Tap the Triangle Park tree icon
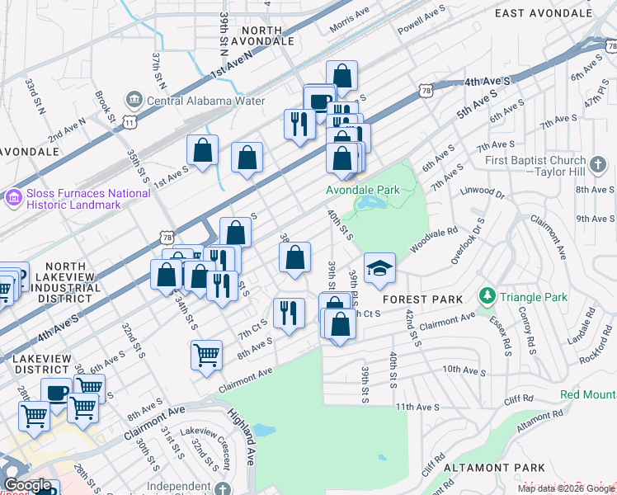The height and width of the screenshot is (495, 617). click(x=487, y=295)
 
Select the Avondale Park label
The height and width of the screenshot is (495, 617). click(x=363, y=190)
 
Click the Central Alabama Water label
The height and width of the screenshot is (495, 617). click(x=205, y=101)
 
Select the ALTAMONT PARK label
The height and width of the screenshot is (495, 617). click(x=492, y=468)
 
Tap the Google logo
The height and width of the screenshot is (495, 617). click(x=28, y=485)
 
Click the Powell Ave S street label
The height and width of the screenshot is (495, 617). click(x=421, y=17)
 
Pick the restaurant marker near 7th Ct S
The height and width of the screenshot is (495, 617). click(x=288, y=313)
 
